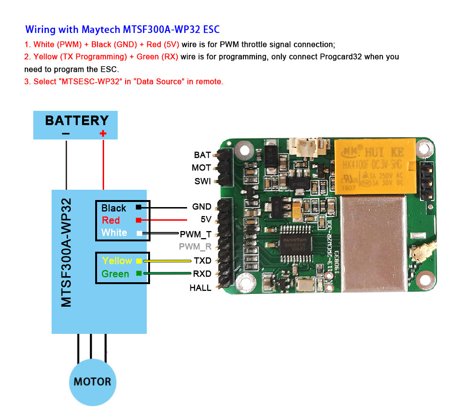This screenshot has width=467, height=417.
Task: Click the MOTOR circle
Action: pos(92,382)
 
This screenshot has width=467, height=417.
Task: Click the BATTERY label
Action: pos(76,120)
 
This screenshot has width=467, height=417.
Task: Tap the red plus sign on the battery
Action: pos(103,134)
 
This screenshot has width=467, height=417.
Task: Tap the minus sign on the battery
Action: pos(66,134)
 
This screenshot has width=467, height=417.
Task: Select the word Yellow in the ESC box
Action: pos(117,261)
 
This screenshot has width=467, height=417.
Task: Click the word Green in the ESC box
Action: pos(115,274)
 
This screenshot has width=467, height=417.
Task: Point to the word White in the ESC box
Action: pos(114,233)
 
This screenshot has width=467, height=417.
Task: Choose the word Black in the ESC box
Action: pos(113,208)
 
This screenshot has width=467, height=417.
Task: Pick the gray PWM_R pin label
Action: pos(195,247)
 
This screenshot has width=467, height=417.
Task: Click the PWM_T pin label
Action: pos(195,234)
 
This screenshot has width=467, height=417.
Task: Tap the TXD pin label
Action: pos(202,261)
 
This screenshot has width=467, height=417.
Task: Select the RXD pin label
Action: pos(202,274)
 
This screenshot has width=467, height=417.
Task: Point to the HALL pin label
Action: pos(200,288)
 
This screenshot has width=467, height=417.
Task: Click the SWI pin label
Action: pos(203,181)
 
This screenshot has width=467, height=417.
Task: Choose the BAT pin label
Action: pos(202,155)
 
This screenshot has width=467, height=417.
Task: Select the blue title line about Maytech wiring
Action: pos(122,30)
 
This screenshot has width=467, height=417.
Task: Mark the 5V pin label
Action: pos(206,219)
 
